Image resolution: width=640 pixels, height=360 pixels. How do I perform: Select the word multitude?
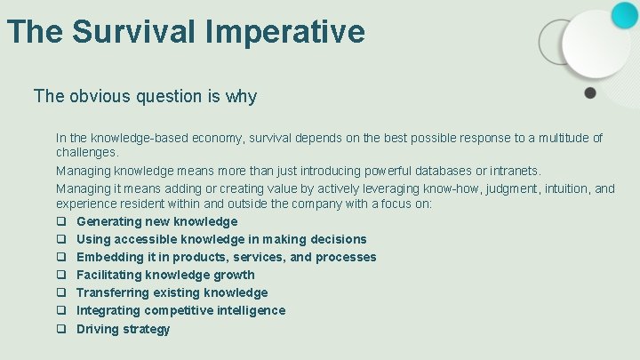point(559,138)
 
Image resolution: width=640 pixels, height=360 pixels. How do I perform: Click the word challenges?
point(87,152)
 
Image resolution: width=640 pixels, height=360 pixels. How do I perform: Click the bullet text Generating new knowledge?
point(156,221)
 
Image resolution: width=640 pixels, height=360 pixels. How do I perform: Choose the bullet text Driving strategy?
point(123,329)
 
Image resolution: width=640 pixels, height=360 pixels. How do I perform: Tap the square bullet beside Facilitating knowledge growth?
point(62,275)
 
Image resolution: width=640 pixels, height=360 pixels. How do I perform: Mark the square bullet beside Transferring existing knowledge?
point(62,292)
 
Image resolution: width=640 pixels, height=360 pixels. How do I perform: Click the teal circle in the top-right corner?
point(624,15)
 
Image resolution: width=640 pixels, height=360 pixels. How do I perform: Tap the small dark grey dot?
point(589,92)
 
